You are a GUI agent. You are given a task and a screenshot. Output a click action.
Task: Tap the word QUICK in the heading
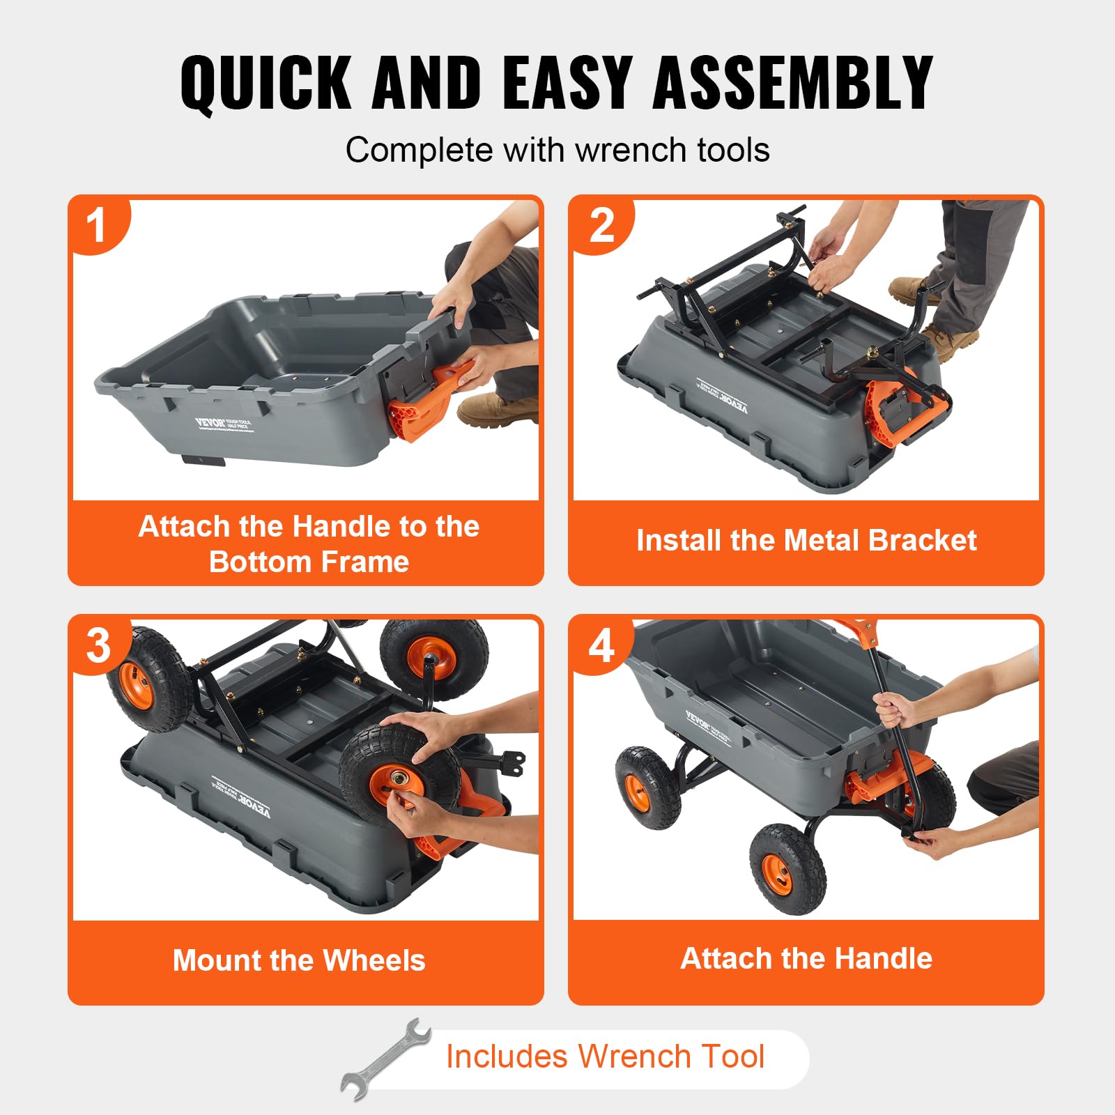point(266,84)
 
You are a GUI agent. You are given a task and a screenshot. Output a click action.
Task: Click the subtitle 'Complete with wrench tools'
point(557,150)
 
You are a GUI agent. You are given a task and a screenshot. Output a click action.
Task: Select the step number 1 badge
point(97,226)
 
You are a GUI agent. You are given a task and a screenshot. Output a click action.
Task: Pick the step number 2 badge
point(601,226)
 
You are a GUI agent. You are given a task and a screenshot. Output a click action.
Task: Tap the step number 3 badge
point(98,645)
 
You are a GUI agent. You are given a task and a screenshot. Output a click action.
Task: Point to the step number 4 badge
point(601,645)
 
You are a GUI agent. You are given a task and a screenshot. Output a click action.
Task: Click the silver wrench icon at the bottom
point(385,1059)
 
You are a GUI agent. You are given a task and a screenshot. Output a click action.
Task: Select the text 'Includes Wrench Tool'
point(605,1056)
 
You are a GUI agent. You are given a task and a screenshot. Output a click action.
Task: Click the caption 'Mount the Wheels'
point(299,960)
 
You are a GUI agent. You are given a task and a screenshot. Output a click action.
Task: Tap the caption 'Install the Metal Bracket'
point(806,541)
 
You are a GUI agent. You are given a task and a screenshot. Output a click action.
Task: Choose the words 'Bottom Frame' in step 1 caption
point(309,562)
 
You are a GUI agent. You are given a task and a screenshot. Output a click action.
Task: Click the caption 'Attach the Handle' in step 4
point(806,958)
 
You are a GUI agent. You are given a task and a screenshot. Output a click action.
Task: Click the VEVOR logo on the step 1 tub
point(210,422)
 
